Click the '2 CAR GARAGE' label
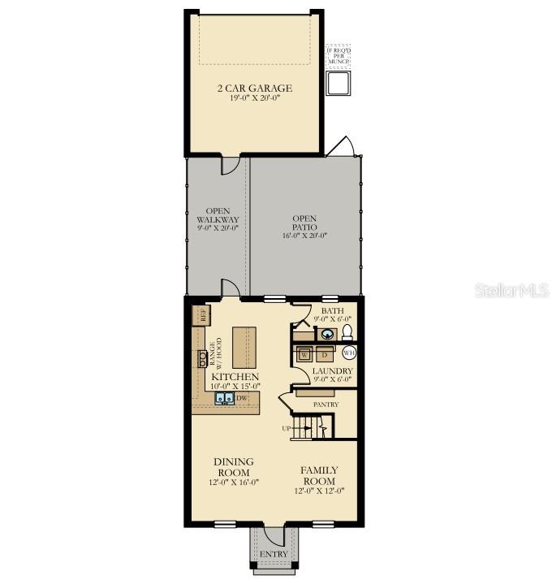tap(254, 89)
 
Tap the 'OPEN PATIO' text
tap(304, 223)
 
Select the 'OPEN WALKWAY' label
tap(218, 216)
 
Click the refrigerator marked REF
tap(199, 314)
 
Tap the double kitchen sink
tap(225, 398)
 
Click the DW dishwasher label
tap(241, 398)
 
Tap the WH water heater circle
tap(350, 353)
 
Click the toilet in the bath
tap(346, 332)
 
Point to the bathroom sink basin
tap(326, 333)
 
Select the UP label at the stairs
tap(286, 428)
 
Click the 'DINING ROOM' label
tap(233, 467)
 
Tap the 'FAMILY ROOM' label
tap(319, 475)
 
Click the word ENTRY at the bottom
tap(274, 554)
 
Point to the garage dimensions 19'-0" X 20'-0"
tap(254, 101)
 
